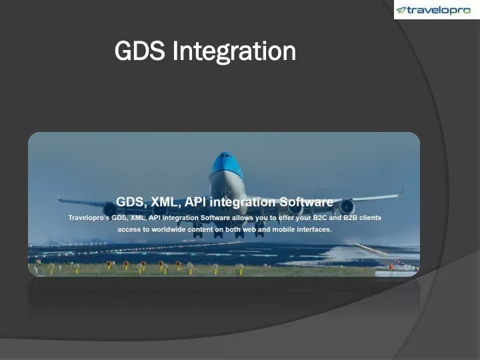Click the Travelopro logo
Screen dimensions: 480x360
coord(433,10)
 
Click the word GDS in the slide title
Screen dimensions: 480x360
coord(139,51)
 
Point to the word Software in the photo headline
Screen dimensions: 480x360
coord(306,202)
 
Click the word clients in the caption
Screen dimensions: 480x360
coord(370,217)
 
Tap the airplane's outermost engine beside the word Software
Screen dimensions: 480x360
coord(347,207)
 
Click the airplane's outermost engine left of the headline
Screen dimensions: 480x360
coord(109,209)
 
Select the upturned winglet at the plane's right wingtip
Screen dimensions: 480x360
coord(401,192)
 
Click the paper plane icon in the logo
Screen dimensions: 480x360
coord(401,11)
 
